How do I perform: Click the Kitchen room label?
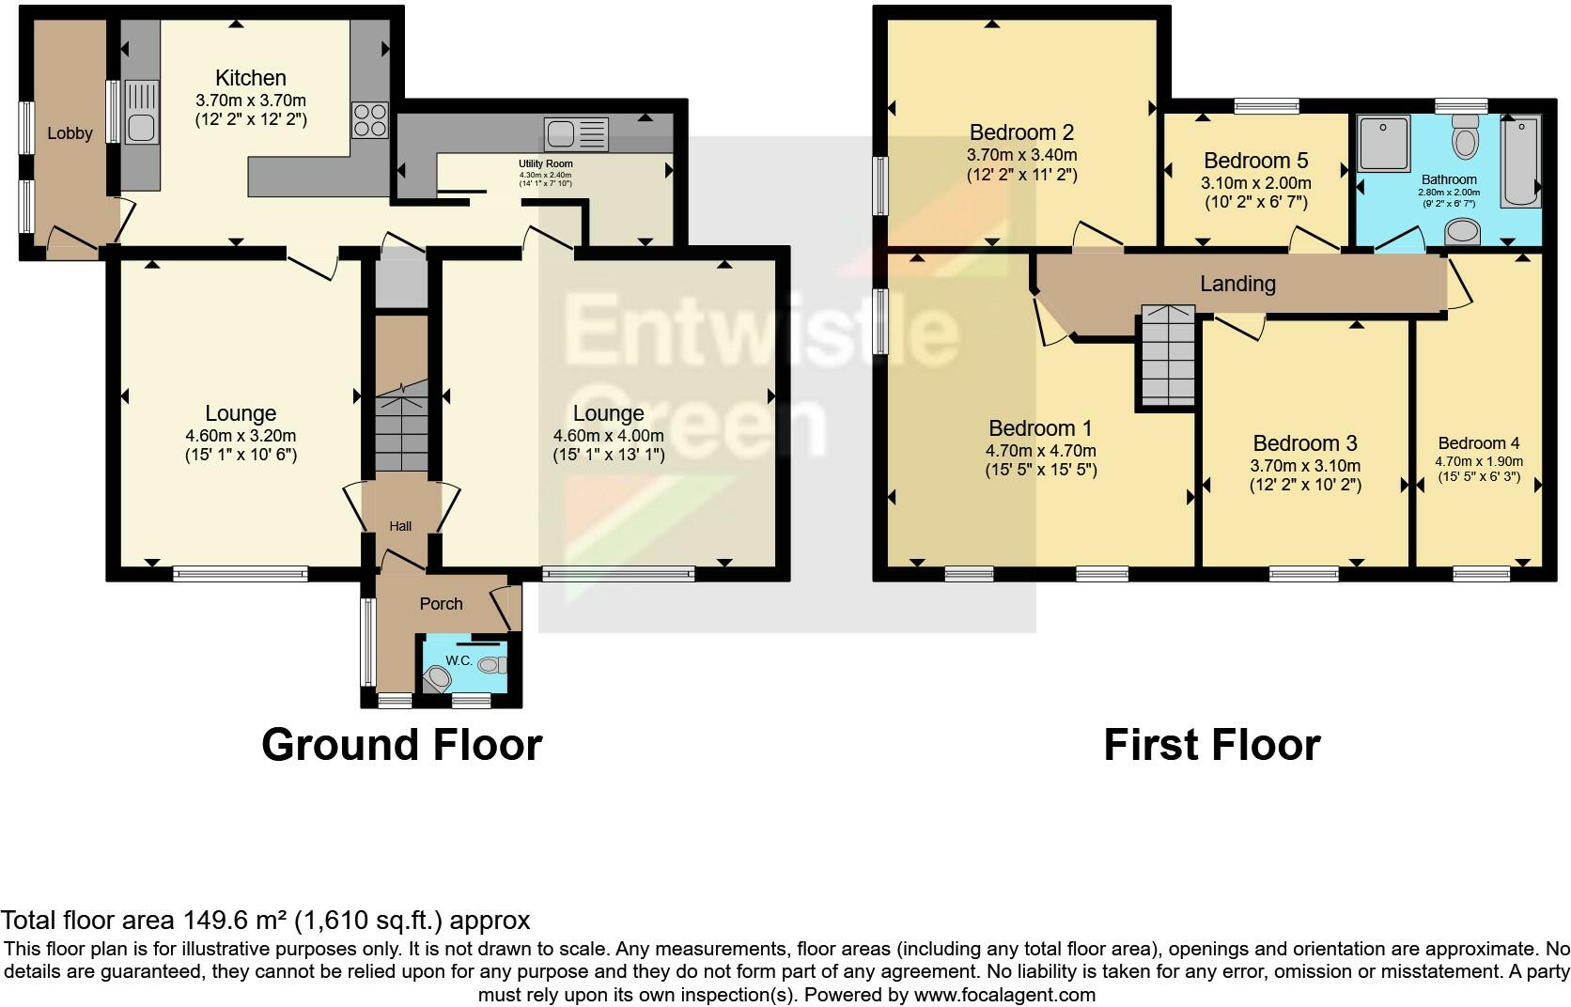pos(250,78)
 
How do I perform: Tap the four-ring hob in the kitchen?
pos(369,120)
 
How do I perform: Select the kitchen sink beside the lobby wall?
pos(141,113)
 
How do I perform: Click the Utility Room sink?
pos(575,134)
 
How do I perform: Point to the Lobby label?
pos(70,133)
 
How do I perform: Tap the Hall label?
pos(400,526)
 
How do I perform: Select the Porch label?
pos(441,604)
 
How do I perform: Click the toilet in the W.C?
pos(437,676)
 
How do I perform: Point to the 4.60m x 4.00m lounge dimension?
pos(609,436)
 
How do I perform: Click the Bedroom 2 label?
pos(1021,132)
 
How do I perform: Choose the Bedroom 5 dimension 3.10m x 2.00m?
pos(1255,183)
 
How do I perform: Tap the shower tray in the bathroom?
pos(1384,144)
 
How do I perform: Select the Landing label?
pos(1237,284)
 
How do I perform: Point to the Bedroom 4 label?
pos(1478,443)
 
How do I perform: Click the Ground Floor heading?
pos(401,745)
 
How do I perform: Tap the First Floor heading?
pos(1211,745)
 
